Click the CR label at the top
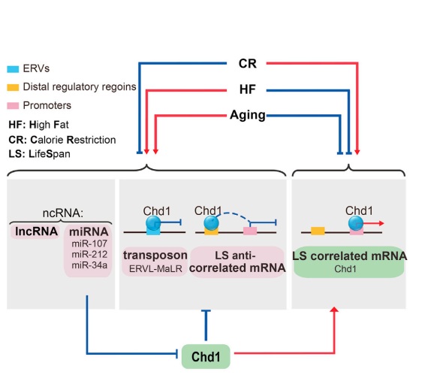click(248, 63)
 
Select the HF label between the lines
click(248, 89)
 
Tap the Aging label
click(248, 115)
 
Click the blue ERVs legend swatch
click(13, 69)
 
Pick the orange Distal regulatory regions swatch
click(13, 87)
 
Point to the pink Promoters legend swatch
click(13, 105)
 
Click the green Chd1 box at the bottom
click(206, 356)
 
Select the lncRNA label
click(36, 231)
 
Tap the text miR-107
click(89, 243)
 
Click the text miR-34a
click(89, 265)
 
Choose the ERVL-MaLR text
click(155, 268)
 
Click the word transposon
click(155, 256)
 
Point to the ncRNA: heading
click(63, 213)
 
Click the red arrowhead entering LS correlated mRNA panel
click(334, 310)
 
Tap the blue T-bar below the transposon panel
click(206, 325)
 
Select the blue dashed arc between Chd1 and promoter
click(234, 215)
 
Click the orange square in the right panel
click(318, 231)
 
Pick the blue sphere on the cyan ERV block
click(153, 223)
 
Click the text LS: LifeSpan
click(40, 154)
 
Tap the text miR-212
click(89, 254)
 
